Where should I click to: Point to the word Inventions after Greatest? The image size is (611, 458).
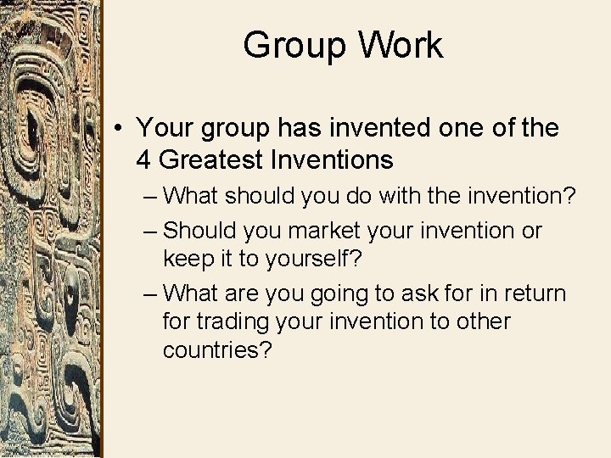point(339,159)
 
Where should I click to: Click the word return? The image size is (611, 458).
point(535,293)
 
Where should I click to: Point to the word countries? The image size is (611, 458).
point(217,350)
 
